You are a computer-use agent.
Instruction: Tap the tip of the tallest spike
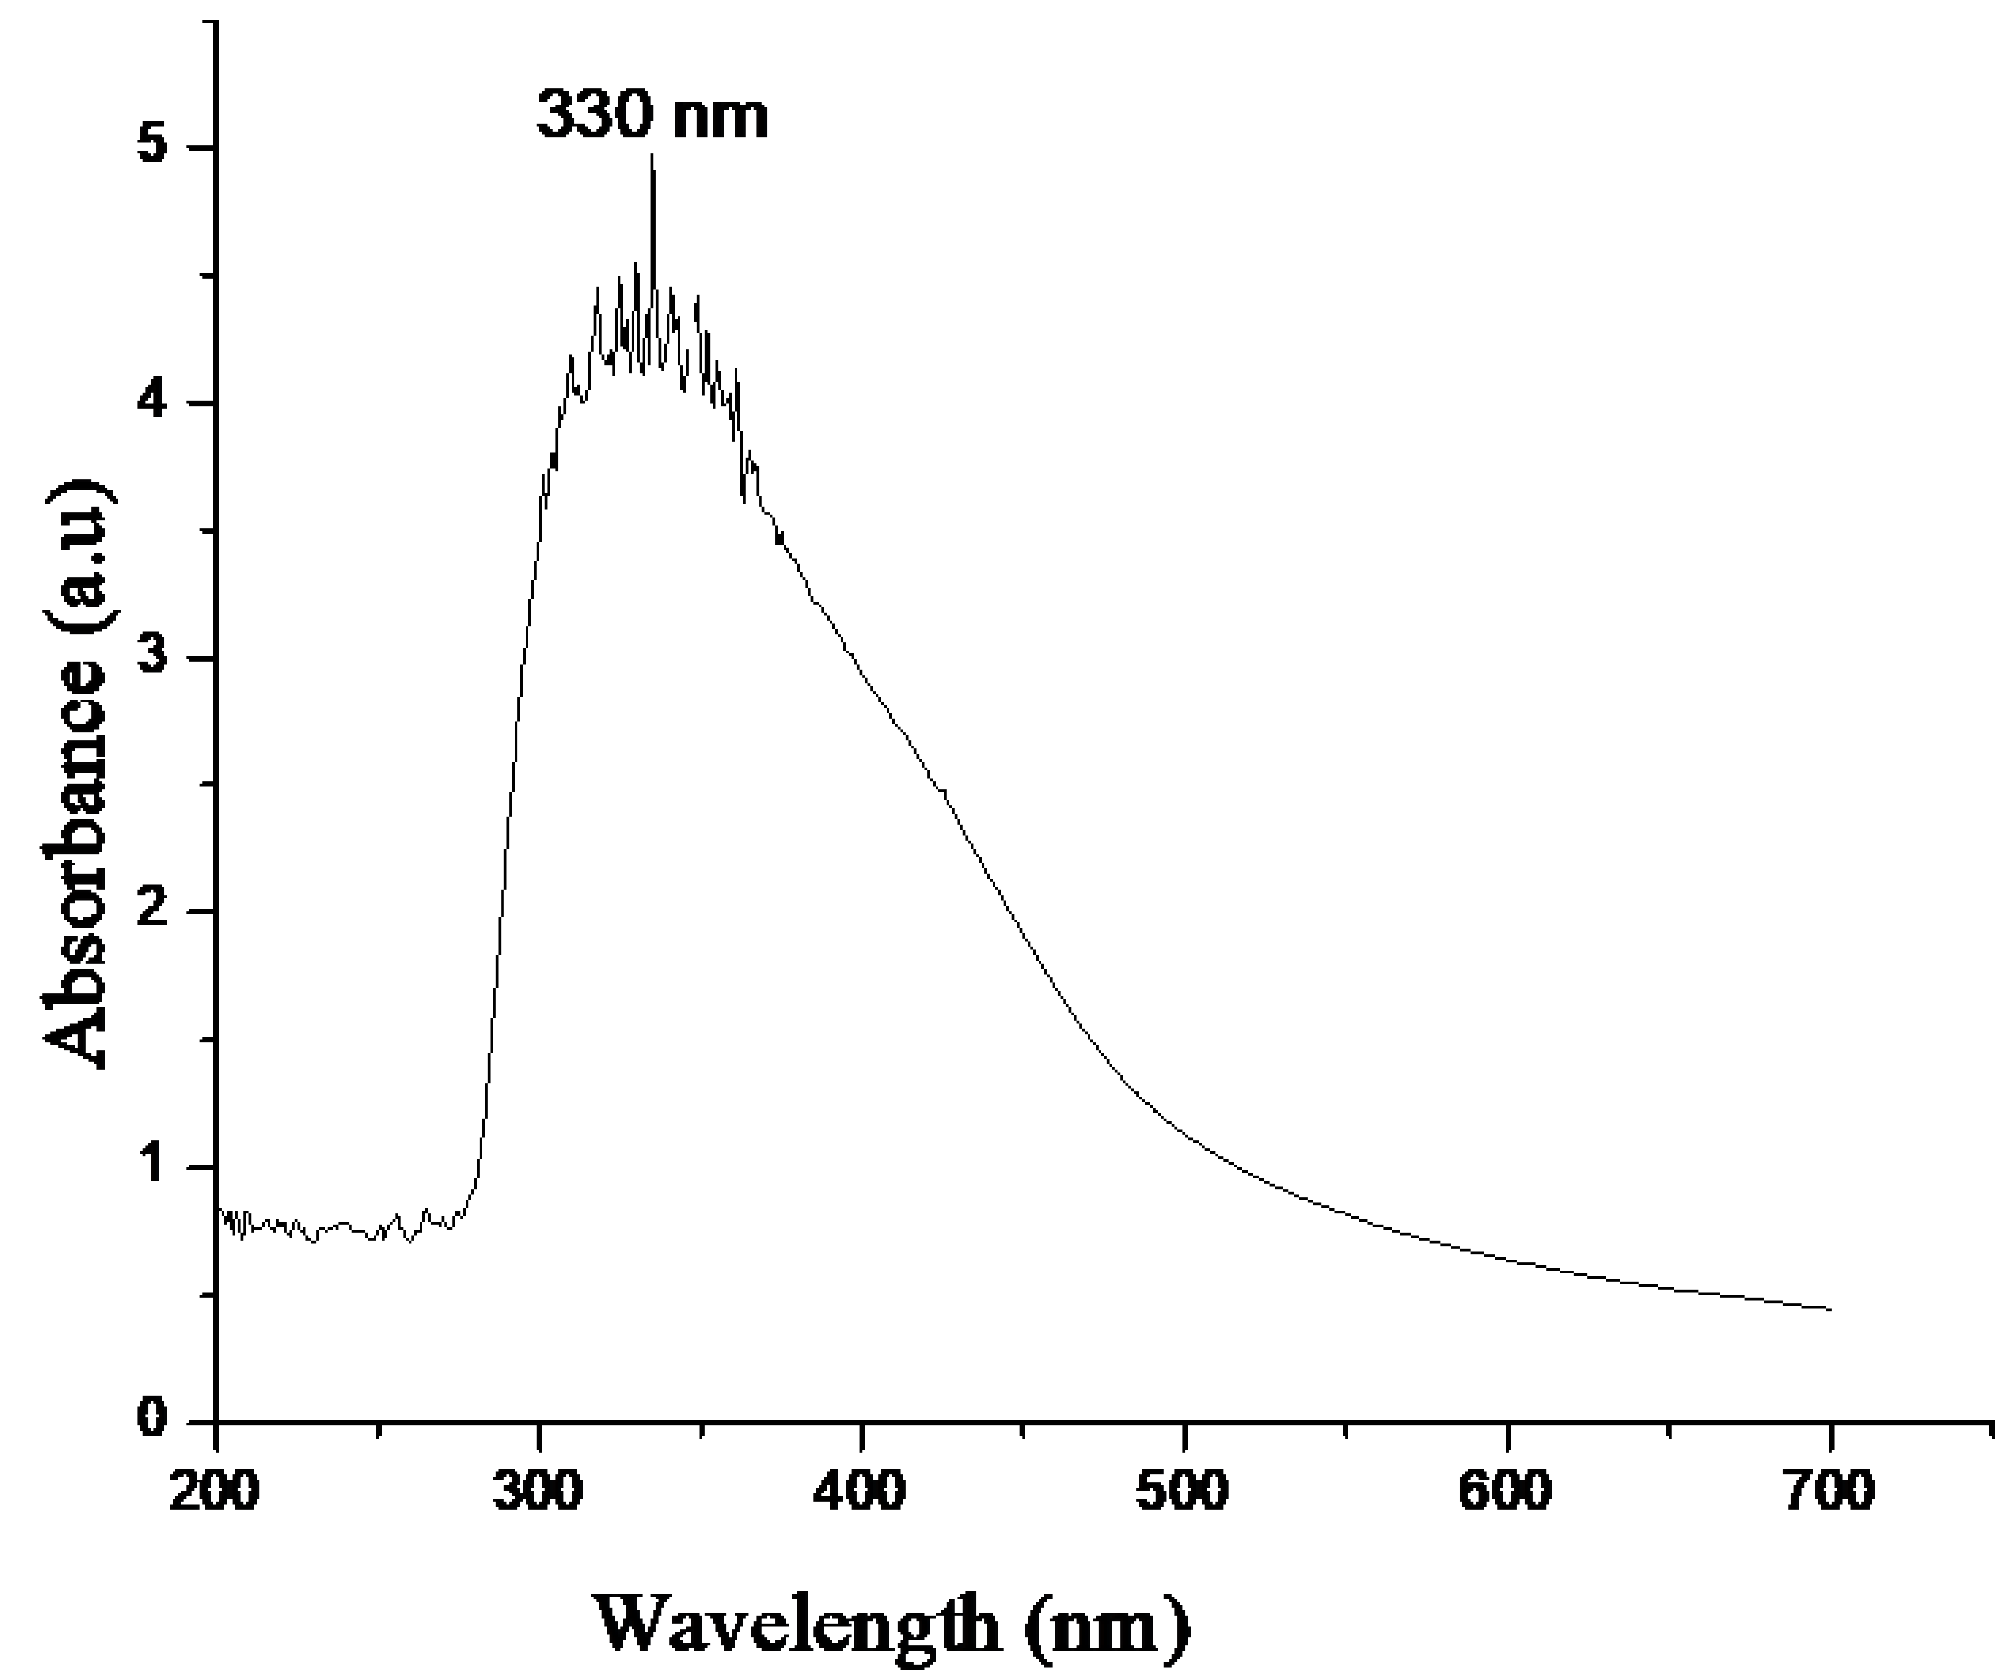point(653,155)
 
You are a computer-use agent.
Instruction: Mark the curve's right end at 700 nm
point(1830,1308)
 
